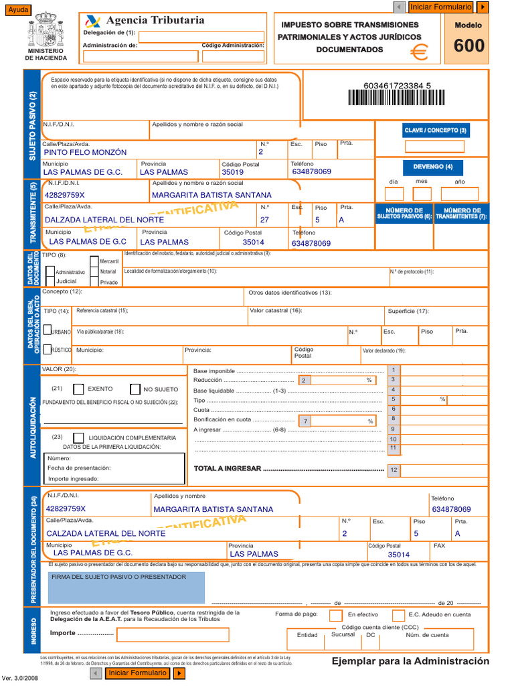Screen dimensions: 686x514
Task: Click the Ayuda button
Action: click(x=17, y=9)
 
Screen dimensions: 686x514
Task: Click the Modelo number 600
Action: click(x=468, y=46)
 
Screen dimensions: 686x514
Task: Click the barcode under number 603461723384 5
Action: click(x=396, y=99)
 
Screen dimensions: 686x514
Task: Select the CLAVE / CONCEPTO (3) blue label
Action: click(x=436, y=130)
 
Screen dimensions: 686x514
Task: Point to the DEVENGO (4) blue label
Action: click(x=433, y=167)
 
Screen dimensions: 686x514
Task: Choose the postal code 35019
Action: click(x=233, y=172)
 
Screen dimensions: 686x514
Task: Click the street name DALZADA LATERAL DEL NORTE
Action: click(x=104, y=220)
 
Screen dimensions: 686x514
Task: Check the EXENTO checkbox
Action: click(x=79, y=389)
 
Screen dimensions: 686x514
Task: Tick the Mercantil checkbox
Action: click(x=94, y=261)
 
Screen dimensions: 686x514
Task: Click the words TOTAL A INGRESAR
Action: click(x=227, y=468)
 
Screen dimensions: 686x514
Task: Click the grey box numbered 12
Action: click(x=394, y=470)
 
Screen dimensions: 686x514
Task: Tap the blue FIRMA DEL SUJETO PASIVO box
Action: click(x=126, y=588)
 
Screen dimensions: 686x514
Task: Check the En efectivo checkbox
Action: click(x=336, y=615)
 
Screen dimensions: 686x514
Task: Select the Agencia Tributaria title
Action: click(x=155, y=20)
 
